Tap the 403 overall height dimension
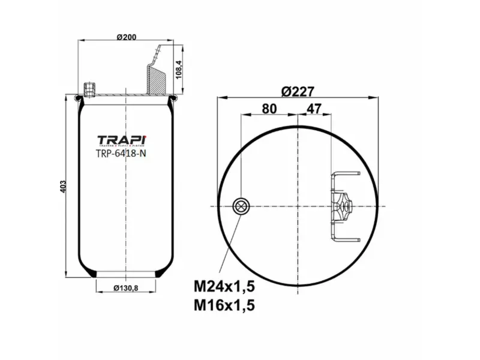click(x=63, y=186)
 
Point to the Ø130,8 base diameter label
click(x=126, y=289)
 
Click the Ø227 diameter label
click(x=298, y=91)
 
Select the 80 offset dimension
click(x=269, y=109)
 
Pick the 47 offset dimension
click(x=314, y=109)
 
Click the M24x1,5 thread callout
click(x=224, y=286)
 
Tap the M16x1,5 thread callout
click(x=224, y=305)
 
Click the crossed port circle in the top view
click(x=241, y=206)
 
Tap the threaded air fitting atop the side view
click(x=91, y=89)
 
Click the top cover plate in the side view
click(x=126, y=96)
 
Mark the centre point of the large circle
click(x=298, y=206)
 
